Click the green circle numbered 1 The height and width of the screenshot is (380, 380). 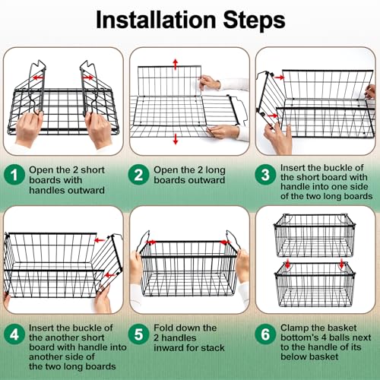click(x=14, y=175)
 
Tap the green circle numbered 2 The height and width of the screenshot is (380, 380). click(x=138, y=175)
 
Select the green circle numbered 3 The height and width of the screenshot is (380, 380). click(x=265, y=175)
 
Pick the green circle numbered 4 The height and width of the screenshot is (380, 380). click(x=14, y=334)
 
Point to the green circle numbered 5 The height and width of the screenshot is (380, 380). click(x=138, y=334)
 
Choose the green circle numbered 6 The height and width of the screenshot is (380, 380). click(x=265, y=334)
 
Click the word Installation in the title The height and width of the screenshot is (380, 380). click(x=156, y=20)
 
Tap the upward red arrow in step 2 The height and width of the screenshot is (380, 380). click(x=176, y=65)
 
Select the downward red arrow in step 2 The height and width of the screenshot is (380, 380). click(x=176, y=139)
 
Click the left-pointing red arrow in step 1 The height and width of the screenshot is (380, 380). click(x=38, y=78)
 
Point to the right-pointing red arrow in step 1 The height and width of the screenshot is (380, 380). click(x=88, y=78)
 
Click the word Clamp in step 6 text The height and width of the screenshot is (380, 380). click(x=294, y=328)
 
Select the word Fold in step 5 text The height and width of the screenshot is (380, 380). click(x=163, y=328)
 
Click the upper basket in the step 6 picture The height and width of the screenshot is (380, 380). click(x=315, y=236)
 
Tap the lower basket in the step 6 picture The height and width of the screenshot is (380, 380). click(x=315, y=285)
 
